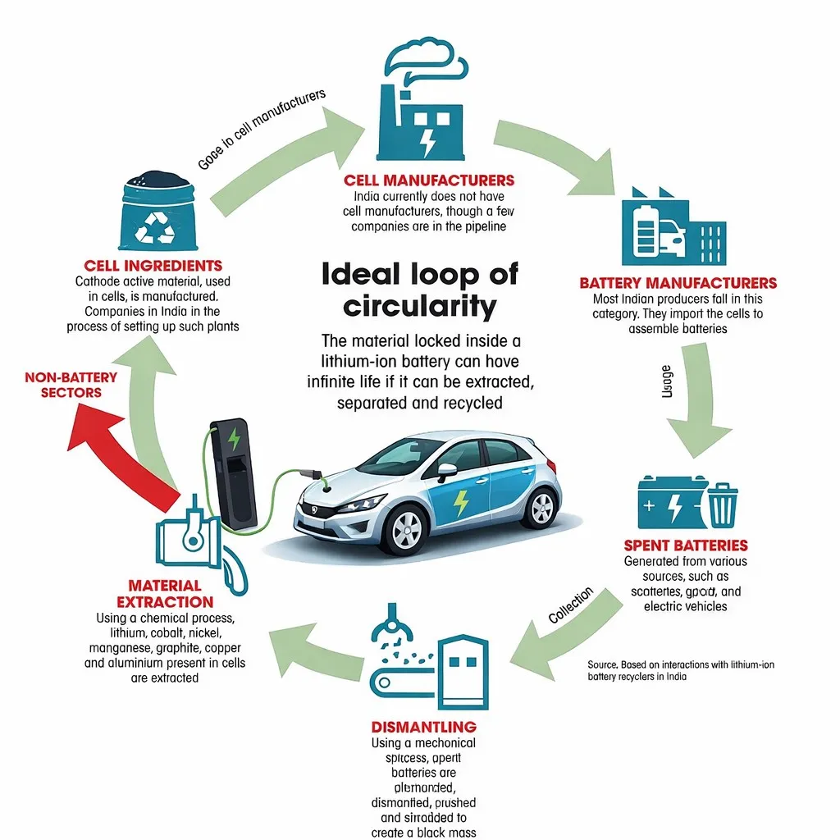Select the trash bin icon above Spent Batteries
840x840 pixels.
pos(721,504)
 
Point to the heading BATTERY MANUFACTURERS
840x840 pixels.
pos(678,283)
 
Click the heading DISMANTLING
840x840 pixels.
pos(423,727)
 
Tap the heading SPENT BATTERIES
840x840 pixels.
pos(685,546)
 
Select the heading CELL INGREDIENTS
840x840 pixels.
pos(153,266)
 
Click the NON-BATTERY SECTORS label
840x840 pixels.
pos(71,385)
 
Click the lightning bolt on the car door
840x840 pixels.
pos(461,502)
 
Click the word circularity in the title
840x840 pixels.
pos(419,306)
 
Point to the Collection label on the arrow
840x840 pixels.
pos(569,606)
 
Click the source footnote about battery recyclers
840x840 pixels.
pos(680,670)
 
